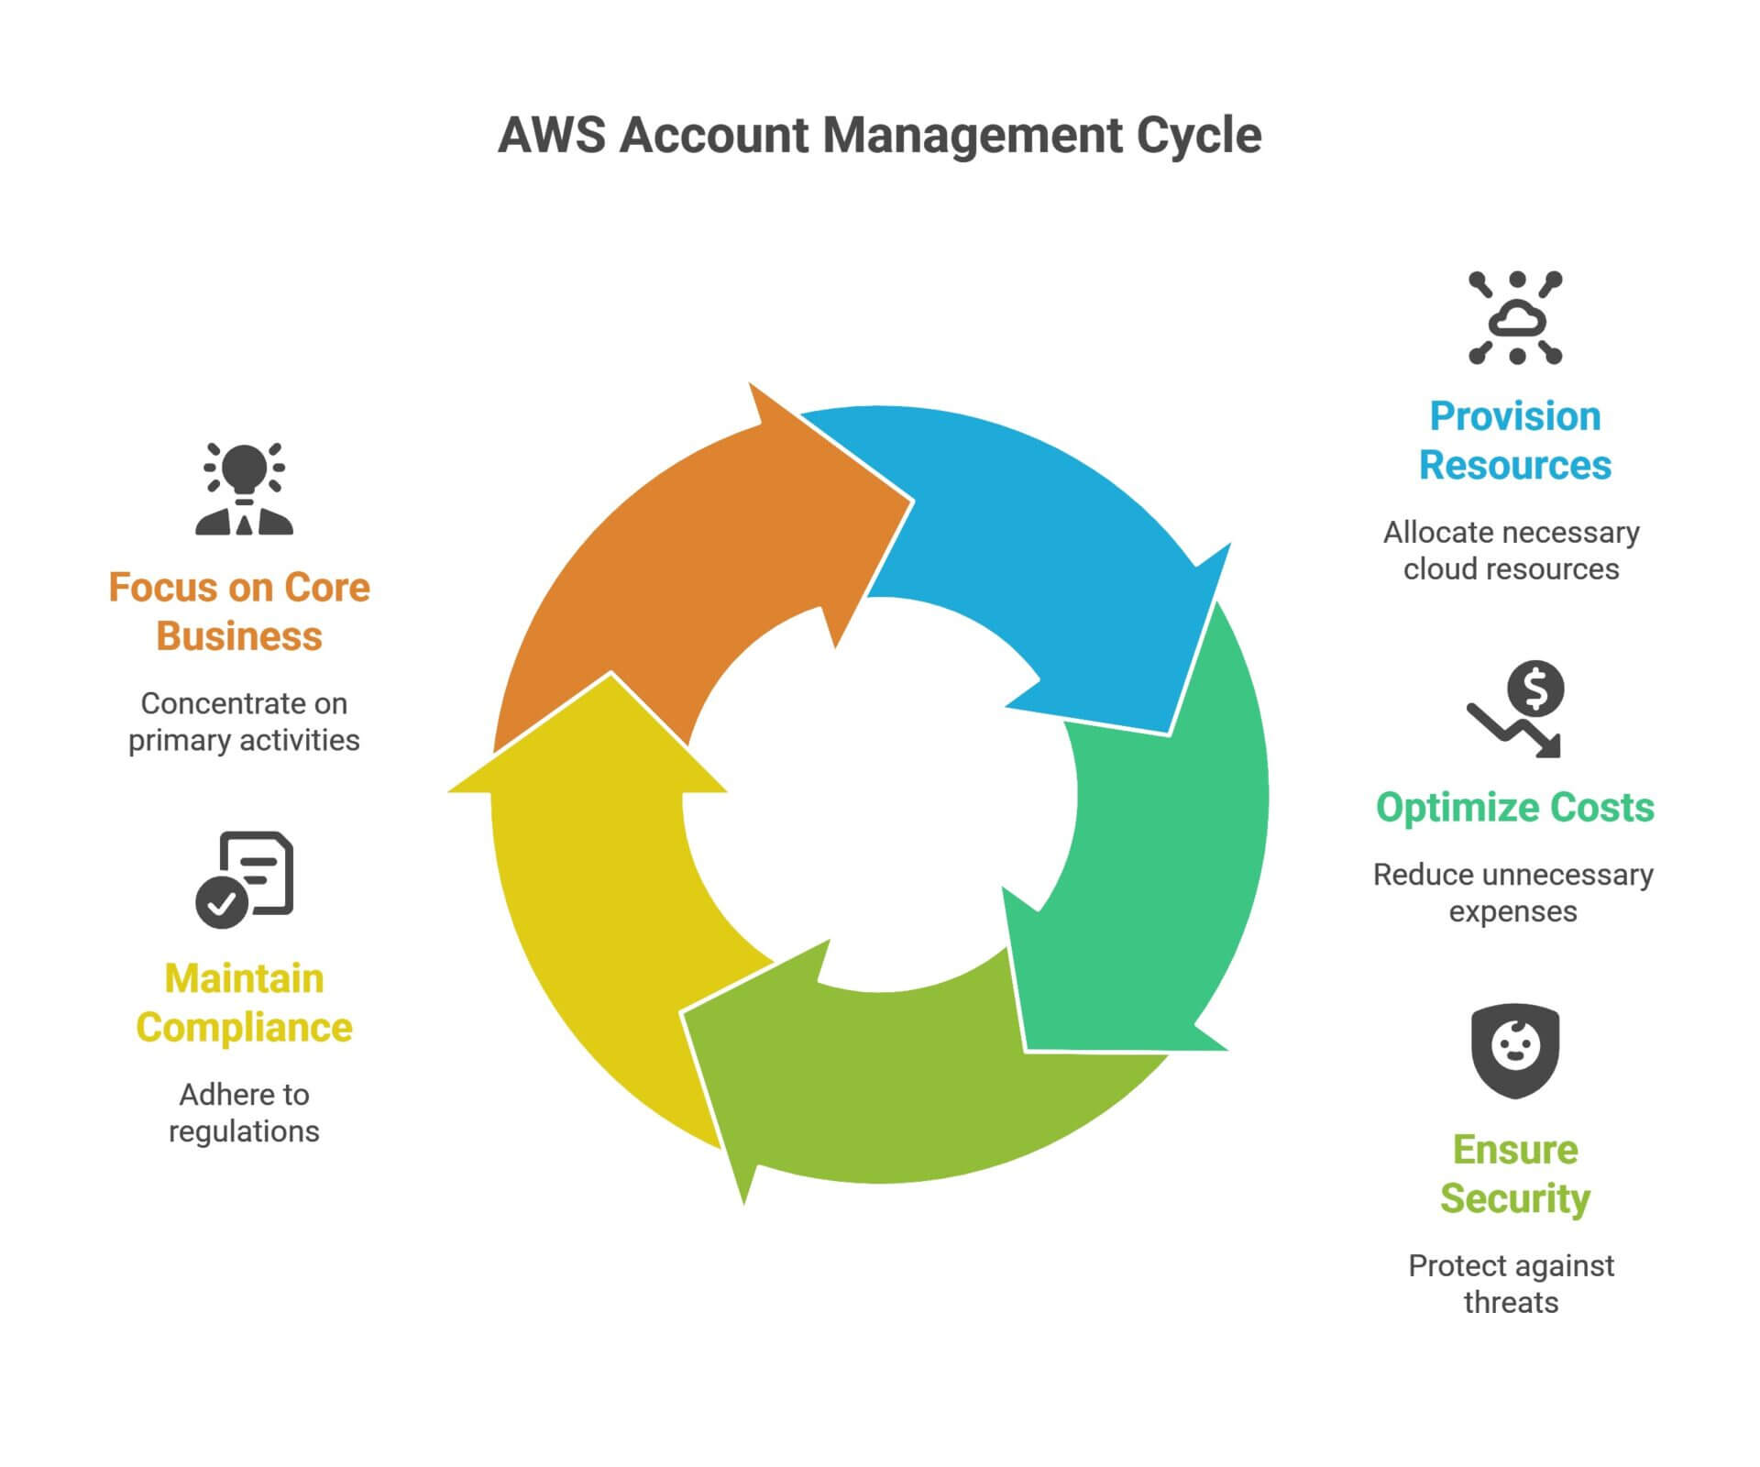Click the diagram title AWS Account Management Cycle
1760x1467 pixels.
[879, 136]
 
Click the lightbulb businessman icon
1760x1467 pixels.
[244, 488]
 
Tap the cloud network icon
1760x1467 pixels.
[1514, 317]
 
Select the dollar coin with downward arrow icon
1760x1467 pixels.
[1517, 708]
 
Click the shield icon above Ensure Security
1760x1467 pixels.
[1514, 1050]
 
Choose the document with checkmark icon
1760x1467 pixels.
[244, 878]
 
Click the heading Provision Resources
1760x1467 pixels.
[1514, 440]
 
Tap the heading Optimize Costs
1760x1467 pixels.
[1514, 807]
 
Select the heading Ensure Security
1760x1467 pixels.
[1514, 1174]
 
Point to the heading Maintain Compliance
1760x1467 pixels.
[244, 1003]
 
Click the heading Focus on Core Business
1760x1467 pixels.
[239, 612]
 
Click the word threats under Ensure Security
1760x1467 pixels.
[1511, 1302]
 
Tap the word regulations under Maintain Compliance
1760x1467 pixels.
[244, 1131]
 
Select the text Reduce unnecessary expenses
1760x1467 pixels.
[1512, 893]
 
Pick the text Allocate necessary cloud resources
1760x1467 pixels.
[1511, 550]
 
